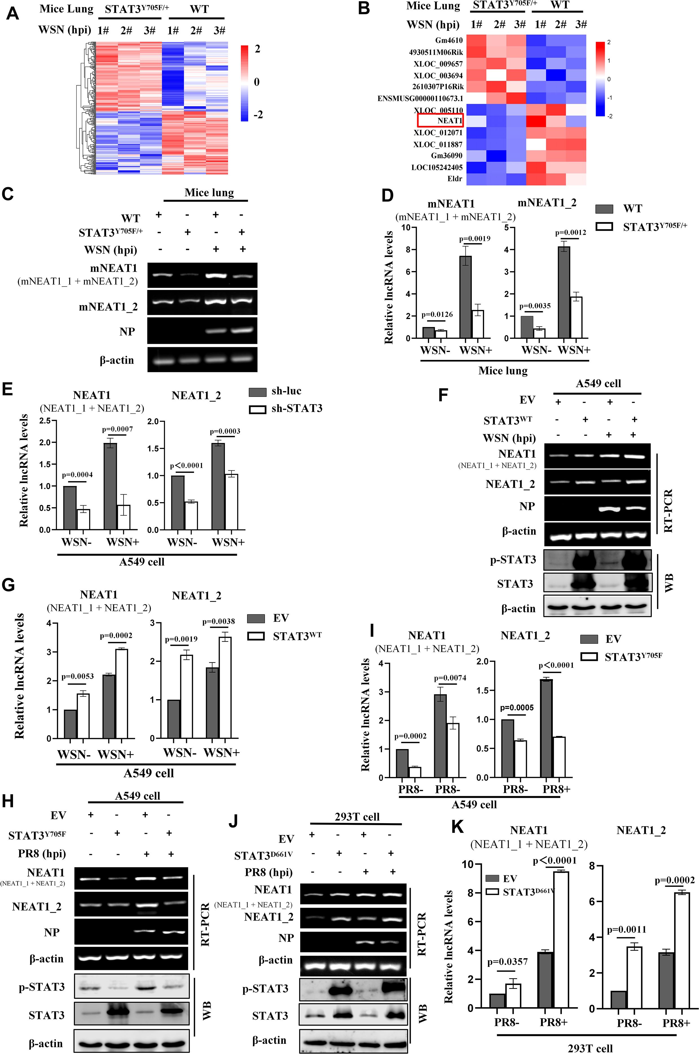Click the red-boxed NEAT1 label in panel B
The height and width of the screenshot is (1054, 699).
440,121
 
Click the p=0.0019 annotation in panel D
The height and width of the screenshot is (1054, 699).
474,239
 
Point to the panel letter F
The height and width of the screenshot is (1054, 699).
443,395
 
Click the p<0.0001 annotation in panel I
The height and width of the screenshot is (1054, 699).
556,665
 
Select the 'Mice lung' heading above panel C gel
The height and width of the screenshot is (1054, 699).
209,192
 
